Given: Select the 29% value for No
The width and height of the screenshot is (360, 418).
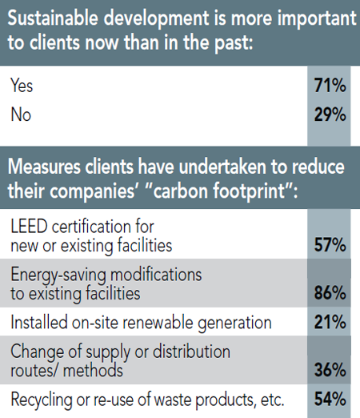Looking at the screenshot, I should click(x=329, y=115).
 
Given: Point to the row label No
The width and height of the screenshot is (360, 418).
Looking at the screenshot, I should click(x=21, y=115).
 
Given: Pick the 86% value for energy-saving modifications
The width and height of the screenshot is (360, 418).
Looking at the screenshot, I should click(x=329, y=293).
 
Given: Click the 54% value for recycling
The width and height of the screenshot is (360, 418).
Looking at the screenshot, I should click(x=329, y=400).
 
